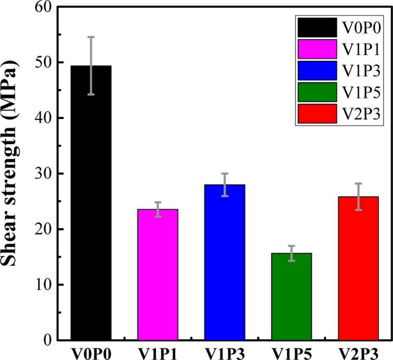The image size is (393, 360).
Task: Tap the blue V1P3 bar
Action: (x=225, y=262)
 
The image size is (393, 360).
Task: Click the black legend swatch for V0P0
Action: (x=317, y=27)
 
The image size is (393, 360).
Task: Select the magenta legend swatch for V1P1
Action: (x=317, y=49)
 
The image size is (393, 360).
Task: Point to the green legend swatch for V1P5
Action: (x=317, y=92)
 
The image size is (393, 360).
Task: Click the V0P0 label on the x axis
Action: (x=91, y=353)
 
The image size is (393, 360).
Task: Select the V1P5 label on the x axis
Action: (x=292, y=353)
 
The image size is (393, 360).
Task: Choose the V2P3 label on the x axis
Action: (x=358, y=353)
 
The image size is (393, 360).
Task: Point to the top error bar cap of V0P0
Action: (x=91, y=37)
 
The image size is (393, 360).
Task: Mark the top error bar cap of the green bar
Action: (x=292, y=246)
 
